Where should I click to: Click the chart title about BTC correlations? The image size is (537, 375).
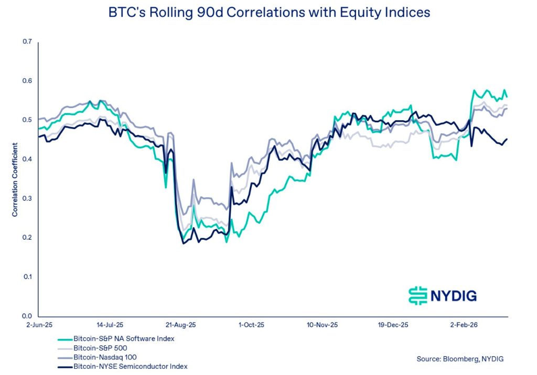pyautogui.click(x=268, y=13)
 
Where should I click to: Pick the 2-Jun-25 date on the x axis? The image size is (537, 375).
pyautogui.click(x=38, y=325)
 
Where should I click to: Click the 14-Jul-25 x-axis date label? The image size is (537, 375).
pyautogui.click(x=109, y=325)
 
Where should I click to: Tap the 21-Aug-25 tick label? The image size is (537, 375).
pyautogui.click(x=181, y=325)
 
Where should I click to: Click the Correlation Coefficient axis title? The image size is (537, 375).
pyautogui.click(x=15, y=180)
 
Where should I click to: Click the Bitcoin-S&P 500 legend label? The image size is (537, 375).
pyautogui.click(x=100, y=348)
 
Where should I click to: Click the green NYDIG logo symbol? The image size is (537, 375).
pyautogui.click(x=417, y=295)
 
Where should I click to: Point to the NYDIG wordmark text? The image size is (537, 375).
pyautogui.click(x=454, y=296)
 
